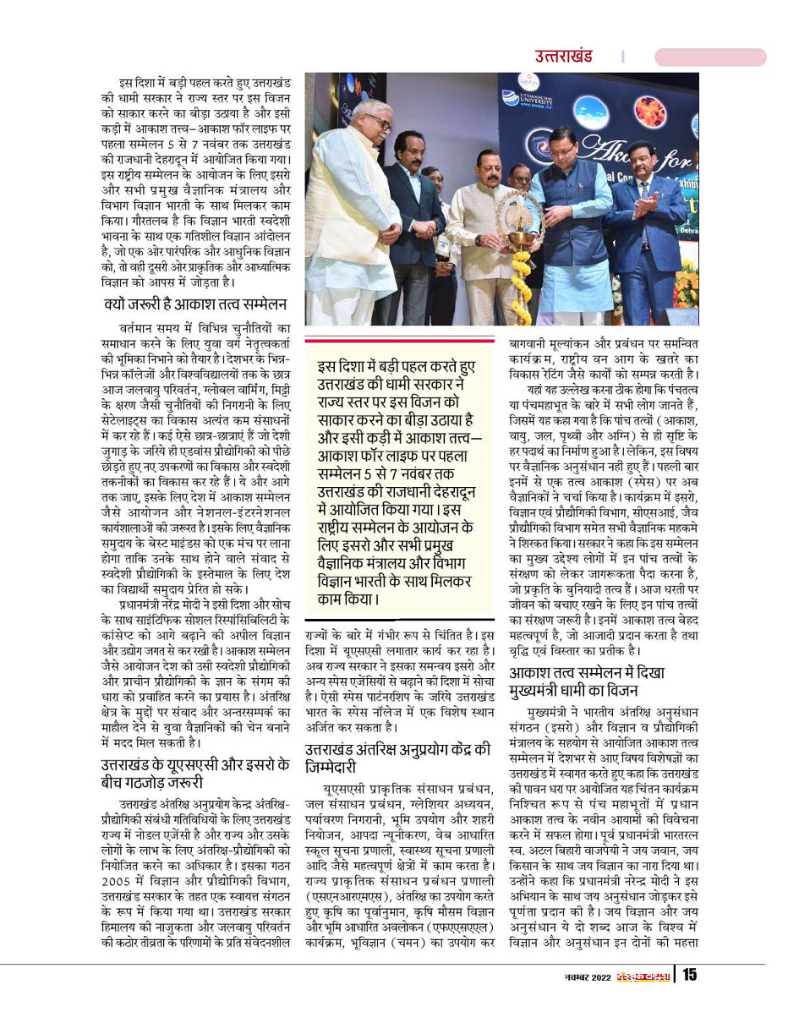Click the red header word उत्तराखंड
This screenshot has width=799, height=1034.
point(563,57)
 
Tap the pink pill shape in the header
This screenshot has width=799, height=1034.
point(710,57)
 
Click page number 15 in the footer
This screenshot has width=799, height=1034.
point(690,975)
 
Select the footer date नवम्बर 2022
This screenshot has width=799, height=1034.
point(588,977)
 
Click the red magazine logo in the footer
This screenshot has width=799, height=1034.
point(642,977)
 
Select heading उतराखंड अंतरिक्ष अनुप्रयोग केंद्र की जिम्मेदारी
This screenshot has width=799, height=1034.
point(398,758)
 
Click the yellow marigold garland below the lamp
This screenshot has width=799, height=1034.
point(519,292)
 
